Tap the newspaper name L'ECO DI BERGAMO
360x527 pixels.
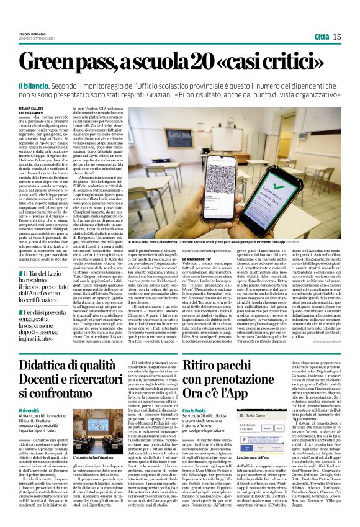click(x=32, y=34)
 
